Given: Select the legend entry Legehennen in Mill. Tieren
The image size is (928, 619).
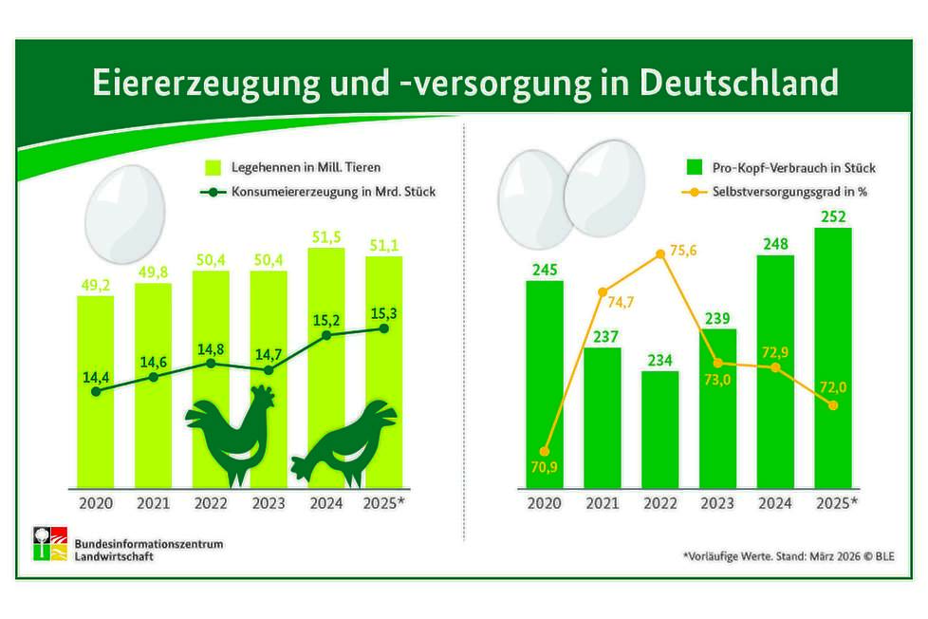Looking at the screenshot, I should coord(293,168).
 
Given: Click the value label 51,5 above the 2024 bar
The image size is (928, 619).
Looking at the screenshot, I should coord(326,234).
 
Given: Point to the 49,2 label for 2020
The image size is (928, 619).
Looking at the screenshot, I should coord(95,283).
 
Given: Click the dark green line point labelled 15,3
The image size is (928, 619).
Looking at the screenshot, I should coord(384,328).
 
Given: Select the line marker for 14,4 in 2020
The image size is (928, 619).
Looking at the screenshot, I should coord(95,390).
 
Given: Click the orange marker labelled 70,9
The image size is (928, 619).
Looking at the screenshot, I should coord(545,452).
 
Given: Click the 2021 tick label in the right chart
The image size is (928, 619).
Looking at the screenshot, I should coord(602,502).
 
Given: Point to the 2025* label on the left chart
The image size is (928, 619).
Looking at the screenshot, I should coord(384,502).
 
